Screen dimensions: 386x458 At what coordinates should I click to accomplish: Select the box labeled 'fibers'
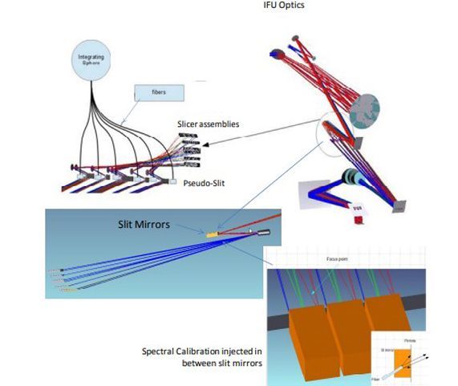point(158,94)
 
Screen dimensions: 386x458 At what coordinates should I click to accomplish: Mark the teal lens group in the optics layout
point(349,177)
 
